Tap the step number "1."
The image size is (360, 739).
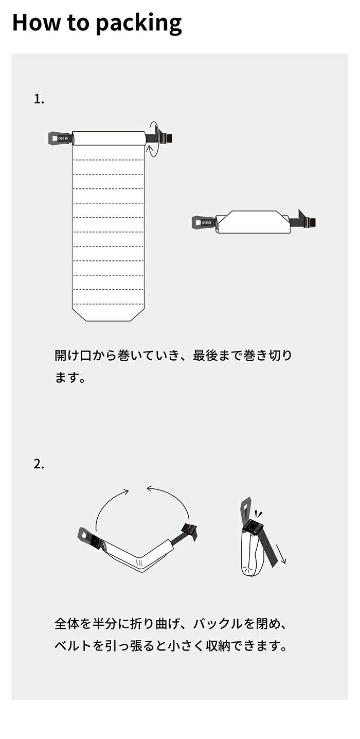click(39, 99)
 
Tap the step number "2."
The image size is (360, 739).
click(39, 464)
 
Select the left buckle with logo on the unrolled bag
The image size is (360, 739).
click(60, 138)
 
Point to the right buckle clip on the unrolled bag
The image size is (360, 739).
click(165, 138)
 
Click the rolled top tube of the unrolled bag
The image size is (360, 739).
click(109, 138)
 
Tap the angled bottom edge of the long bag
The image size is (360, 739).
click(108, 314)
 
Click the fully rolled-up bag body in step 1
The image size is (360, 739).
click(253, 223)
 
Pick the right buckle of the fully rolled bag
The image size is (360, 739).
click(308, 222)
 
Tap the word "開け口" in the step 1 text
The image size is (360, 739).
click(72, 356)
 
